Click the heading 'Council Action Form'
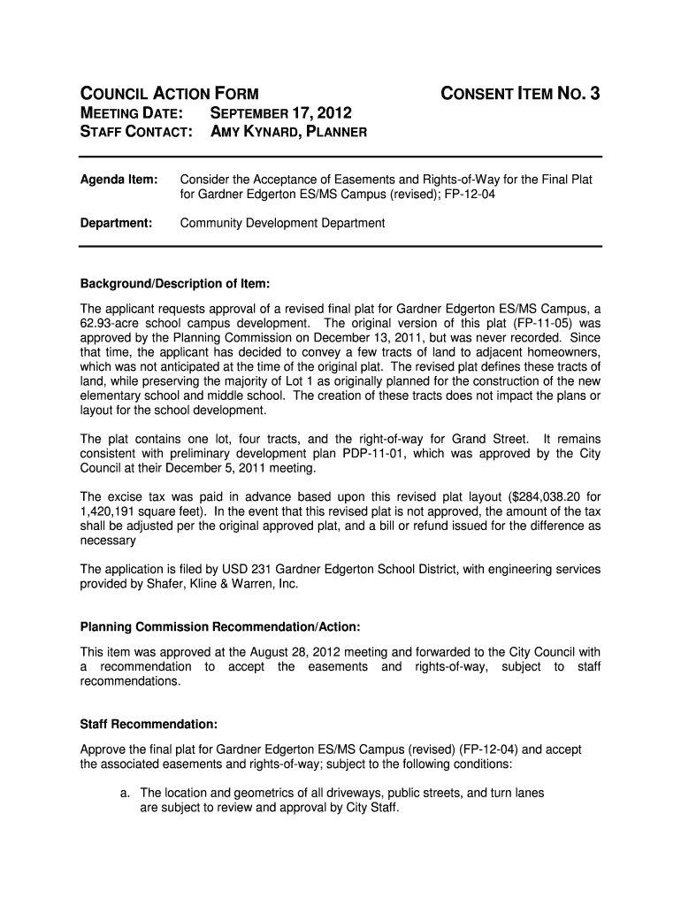click(x=170, y=93)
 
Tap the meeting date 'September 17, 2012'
click(x=279, y=113)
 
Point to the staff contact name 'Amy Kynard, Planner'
click(x=287, y=133)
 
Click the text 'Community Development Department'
click(x=282, y=223)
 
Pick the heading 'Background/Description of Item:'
click(x=174, y=284)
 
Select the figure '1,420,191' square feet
click(x=109, y=511)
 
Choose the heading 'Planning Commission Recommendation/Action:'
click(x=220, y=627)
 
